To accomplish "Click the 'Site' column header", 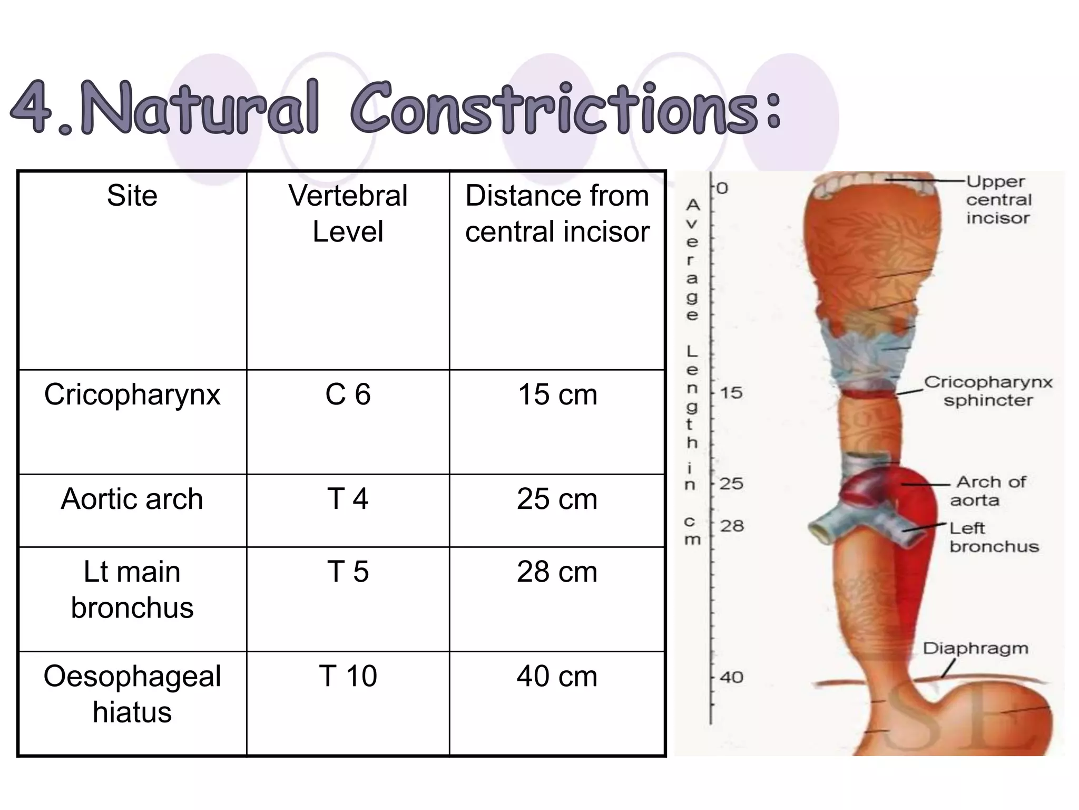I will pyautogui.click(x=132, y=196).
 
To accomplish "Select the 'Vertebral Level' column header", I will pyautogui.click(x=348, y=213).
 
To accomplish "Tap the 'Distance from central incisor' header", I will pyautogui.click(x=557, y=213).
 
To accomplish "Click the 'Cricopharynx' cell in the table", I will pyautogui.click(x=132, y=394).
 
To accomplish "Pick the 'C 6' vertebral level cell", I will pyautogui.click(x=348, y=394).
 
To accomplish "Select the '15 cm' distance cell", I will pyautogui.click(x=557, y=394).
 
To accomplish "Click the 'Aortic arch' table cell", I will pyautogui.click(x=132, y=499).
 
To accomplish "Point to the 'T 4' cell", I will pyautogui.click(x=348, y=499).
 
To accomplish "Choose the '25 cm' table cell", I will pyautogui.click(x=557, y=499).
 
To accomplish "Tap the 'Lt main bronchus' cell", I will pyautogui.click(x=132, y=590).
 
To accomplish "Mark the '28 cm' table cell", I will pyautogui.click(x=557, y=572).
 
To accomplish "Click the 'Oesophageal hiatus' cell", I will pyautogui.click(x=132, y=694).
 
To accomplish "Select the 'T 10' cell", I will pyautogui.click(x=348, y=676).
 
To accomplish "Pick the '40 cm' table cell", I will pyautogui.click(x=557, y=676).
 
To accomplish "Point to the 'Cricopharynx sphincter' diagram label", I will pyautogui.click(x=988, y=391).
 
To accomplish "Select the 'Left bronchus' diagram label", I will pyautogui.click(x=994, y=537).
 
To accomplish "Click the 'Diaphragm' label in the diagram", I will pyautogui.click(x=975, y=648).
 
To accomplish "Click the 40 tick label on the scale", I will pyautogui.click(x=731, y=677).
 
